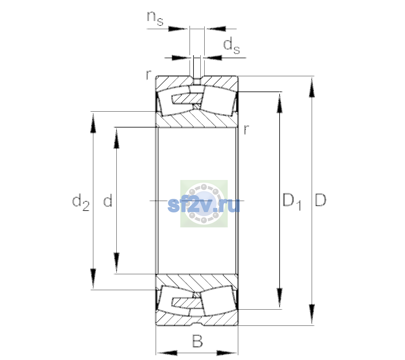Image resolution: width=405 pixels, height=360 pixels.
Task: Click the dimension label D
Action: point(320,200)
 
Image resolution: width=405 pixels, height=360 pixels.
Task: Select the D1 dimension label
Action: point(292,201)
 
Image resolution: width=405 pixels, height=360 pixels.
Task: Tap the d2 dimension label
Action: point(81,202)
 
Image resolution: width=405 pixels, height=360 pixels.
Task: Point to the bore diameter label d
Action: point(108,200)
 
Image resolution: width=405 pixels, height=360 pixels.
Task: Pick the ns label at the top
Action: point(155,18)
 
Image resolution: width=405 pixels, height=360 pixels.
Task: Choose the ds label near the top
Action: point(232,46)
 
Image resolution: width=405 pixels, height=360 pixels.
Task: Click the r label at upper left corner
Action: point(148,75)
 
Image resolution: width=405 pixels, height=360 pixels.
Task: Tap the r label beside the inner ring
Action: point(247,129)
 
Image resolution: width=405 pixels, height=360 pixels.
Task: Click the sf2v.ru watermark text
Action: point(204,205)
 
